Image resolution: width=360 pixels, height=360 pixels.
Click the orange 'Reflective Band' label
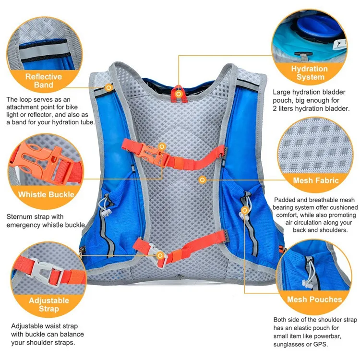point(44,81)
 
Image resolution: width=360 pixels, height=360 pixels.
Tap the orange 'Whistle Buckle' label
point(46,194)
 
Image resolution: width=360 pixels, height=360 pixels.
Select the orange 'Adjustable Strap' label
point(49,305)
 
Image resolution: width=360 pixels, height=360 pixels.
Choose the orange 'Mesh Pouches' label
point(314,300)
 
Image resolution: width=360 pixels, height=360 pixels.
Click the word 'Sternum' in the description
point(21,216)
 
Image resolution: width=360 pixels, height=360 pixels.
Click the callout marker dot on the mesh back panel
point(203,180)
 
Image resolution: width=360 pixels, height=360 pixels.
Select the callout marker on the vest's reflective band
point(109,87)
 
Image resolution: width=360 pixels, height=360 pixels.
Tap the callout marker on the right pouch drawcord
point(245,210)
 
